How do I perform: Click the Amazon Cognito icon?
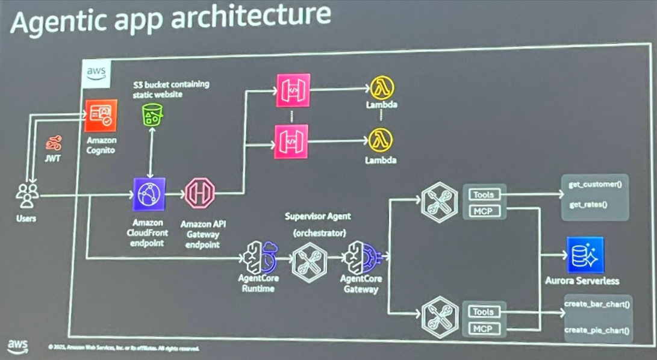101,116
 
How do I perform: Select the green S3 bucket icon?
152,114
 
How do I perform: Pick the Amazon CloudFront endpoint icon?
148,194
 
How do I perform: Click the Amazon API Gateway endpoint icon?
199,194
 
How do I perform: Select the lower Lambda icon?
381,140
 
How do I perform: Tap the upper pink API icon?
291,90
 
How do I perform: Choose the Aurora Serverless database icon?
585,255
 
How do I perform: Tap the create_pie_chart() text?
597,330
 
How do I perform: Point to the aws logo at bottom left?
17,346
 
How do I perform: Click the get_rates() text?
588,205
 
